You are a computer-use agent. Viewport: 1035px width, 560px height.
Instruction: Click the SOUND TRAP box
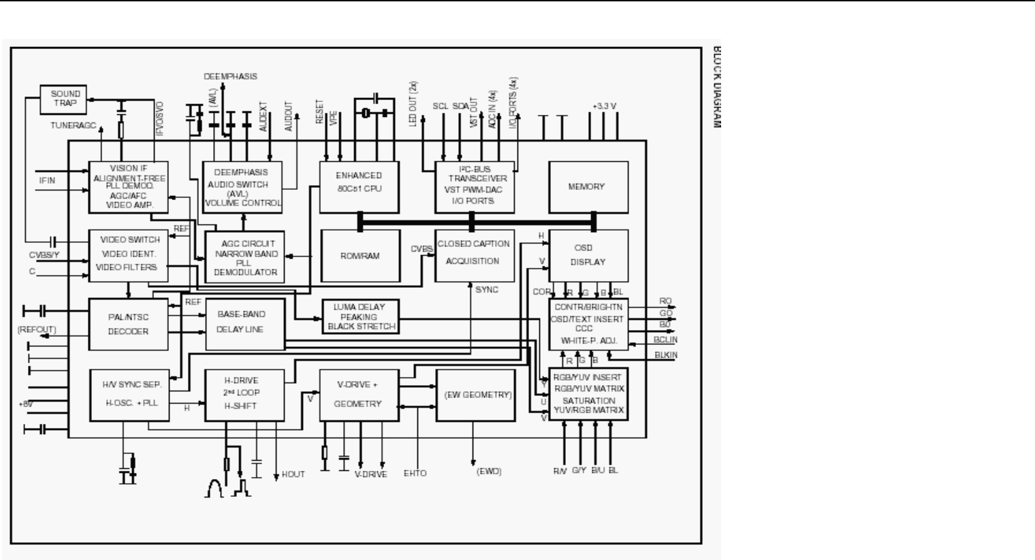(65, 99)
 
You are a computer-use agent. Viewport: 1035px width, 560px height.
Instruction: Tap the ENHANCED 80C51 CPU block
(360, 182)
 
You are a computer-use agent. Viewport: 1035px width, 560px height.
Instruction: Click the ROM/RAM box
(360, 257)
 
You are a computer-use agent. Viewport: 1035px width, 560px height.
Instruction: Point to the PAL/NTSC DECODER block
(129, 324)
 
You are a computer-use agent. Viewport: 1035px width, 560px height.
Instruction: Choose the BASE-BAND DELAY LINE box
(244, 323)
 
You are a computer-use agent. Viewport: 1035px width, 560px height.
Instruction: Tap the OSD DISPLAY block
(588, 255)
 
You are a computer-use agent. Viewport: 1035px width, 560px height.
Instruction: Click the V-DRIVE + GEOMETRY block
(358, 395)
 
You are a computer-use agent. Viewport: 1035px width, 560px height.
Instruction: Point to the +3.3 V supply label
(605, 106)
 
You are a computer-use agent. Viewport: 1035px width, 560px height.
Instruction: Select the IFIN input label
(48, 180)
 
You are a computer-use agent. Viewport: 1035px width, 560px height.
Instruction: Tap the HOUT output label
(293, 474)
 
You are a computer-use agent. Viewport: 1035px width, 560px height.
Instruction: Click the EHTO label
(415, 473)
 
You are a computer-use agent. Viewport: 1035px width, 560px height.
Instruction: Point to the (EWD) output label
(489, 471)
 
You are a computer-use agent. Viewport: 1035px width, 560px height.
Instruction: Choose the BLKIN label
(666, 355)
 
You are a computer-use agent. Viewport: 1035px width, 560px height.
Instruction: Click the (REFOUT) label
(37, 330)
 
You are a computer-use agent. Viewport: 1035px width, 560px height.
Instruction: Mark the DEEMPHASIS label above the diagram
(230, 77)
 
